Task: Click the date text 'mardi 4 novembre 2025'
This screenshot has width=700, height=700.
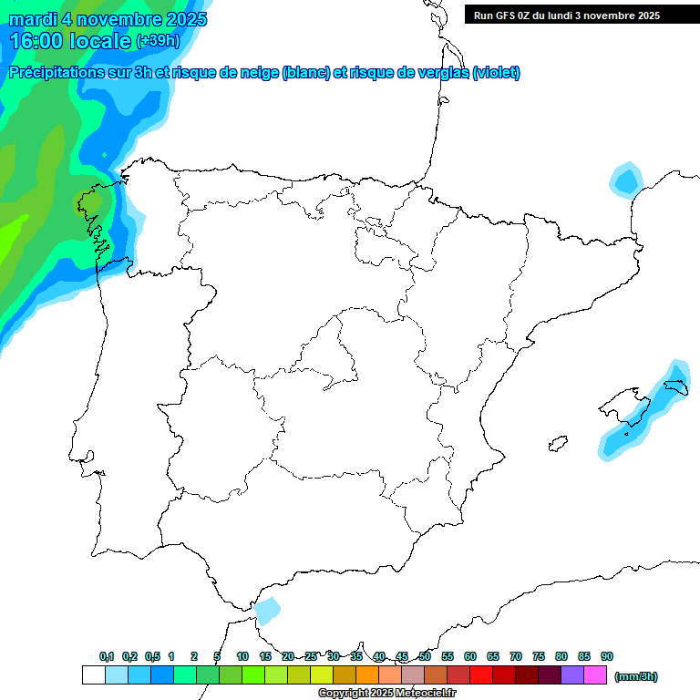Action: pyautogui.click(x=108, y=19)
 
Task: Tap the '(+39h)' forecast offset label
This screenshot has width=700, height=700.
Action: pyautogui.click(x=159, y=41)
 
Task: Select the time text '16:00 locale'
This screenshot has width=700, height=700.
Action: pyautogui.click(x=70, y=41)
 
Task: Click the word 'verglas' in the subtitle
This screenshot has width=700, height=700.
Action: pyautogui.click(x=433, y=73)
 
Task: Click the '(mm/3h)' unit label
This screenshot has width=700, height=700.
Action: pyautogui.click(x=636, y=676)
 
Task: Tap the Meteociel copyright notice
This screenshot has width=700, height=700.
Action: pyautogui.click(x=386, y=694)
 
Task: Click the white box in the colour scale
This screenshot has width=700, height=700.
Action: pyautogui.click(x=93, y=675)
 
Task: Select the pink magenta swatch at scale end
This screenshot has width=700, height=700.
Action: pyautogui.click(x=595, y=675)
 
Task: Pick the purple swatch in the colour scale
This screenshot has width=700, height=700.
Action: pyautogui.click(x=572, y=675)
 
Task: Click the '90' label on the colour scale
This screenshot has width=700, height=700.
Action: pyautogui.click(x=607, y=656)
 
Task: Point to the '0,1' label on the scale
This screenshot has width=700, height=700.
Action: pyautogui.click(x=107, y=656)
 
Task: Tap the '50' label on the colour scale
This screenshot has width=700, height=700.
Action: pyautogui.click(x=425, y=656)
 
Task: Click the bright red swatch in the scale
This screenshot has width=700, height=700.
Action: pyautogui.click(x=481, y=675)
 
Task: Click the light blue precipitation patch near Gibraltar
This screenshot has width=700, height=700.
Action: pyautogui.click(x=267, y=610)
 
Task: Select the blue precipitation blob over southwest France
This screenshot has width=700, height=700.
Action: pyautogui.click(x=625, y=179)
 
